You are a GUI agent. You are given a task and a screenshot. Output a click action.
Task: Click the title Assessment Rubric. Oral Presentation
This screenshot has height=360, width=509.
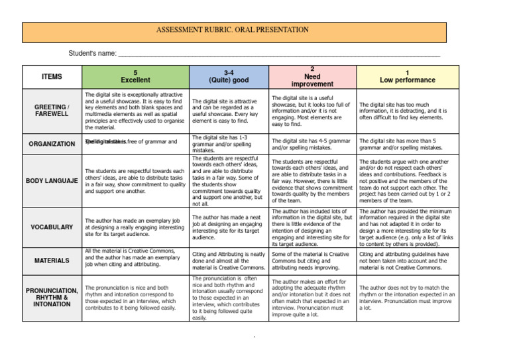click(232, 30)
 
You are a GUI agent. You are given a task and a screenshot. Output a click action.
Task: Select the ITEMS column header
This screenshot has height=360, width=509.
click(51, 76)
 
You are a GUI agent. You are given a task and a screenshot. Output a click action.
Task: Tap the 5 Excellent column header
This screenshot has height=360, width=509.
click(135, 76)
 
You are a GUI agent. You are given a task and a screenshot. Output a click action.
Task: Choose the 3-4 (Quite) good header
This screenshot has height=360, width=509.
click(227, 76)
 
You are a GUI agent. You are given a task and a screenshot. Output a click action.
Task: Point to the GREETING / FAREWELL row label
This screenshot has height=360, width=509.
click(51, 109)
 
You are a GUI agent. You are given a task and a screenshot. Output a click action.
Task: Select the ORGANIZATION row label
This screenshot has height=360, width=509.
click(51, 143)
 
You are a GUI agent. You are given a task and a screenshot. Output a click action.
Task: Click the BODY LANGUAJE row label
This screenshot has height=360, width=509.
click(51, 180)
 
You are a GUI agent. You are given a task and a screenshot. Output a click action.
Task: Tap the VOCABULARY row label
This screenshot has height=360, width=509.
click(51, 227)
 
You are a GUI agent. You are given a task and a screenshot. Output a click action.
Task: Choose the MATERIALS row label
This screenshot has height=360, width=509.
click(51, 260)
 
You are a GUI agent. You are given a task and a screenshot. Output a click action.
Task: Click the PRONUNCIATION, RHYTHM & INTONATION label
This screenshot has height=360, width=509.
click(51, 298)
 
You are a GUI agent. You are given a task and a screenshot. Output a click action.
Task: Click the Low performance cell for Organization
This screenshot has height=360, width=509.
click(407, 144)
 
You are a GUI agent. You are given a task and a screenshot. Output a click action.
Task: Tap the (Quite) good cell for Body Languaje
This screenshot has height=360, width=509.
click(227, 180)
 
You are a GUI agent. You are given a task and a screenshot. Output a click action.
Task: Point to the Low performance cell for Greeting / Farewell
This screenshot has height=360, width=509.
click(407, 111)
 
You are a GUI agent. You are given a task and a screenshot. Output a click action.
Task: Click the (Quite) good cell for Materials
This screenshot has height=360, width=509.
click(227, 260)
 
